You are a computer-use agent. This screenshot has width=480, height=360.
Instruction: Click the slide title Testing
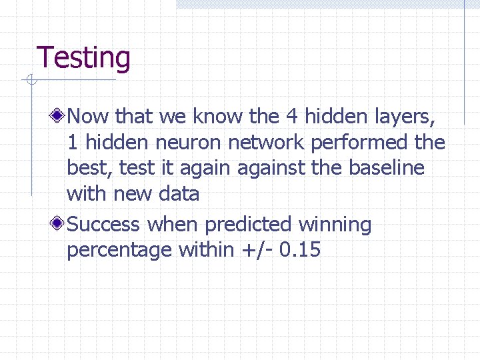(83, 58)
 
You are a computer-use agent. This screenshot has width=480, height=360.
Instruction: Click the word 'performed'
(362, 143)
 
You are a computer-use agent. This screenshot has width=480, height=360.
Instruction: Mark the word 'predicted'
(249, 225)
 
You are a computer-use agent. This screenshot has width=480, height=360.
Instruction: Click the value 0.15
(300, 250)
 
